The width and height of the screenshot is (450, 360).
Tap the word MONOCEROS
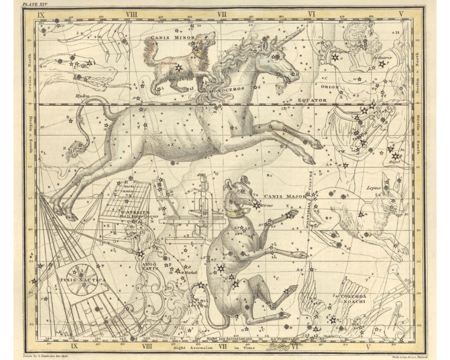[227, 89]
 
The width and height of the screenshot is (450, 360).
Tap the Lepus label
[374, 188]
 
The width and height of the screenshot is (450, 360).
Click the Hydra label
[82, 96]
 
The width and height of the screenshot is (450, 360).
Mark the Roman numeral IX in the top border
[41, 14]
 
